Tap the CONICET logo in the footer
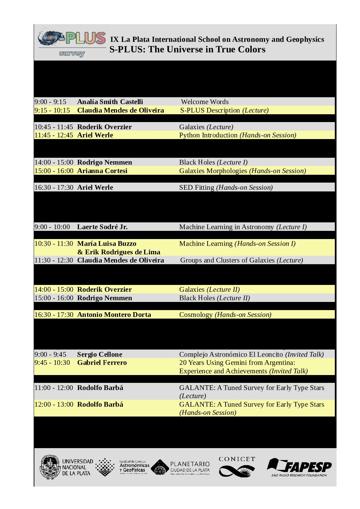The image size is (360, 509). pos(237,467)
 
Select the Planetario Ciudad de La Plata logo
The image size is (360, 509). pos(181,467)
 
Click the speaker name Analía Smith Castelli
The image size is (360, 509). pos(110,102)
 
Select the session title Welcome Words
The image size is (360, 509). pos(205,102)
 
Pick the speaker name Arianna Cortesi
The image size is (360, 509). pos(102,171)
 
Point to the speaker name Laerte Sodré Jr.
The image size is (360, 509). pos(102,227)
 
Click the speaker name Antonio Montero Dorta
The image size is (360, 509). pos(114,315)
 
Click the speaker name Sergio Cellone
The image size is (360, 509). pos(99,354)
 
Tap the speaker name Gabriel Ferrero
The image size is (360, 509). pos(102,362)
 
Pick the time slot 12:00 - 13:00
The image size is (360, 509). pos(54,404)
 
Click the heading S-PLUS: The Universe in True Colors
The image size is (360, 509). pos(187,49)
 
